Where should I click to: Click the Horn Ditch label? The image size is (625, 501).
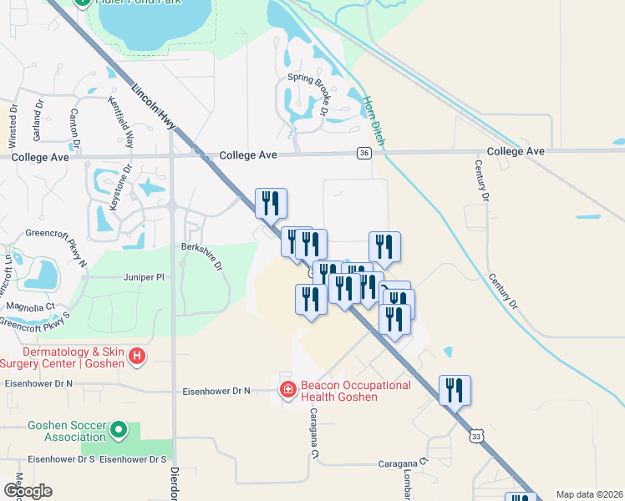372,121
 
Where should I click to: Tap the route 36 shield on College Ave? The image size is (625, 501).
363,153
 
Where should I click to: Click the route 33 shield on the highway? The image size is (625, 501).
476,436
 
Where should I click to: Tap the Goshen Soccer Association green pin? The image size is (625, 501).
119,431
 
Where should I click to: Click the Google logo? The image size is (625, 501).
28,491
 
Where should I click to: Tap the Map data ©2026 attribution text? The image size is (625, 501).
589,494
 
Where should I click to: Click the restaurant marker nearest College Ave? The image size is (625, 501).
271,203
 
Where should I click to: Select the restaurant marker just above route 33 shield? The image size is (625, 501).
455,390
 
